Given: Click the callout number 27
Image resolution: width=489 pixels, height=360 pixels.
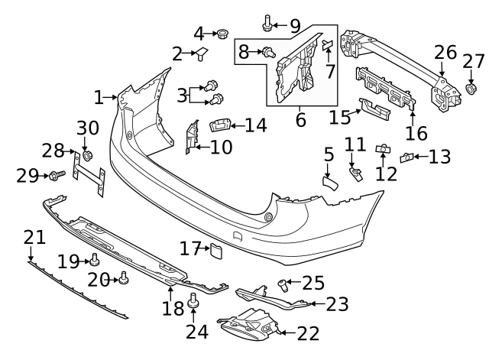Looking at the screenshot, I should (474, 61).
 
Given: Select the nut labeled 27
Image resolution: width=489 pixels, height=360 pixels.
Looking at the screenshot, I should (472, 90).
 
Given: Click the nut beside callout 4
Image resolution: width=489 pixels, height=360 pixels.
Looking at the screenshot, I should (223, 34).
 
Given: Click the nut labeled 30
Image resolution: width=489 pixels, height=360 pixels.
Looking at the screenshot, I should (86, 157).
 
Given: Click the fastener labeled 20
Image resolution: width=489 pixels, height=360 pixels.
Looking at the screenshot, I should (123, 280).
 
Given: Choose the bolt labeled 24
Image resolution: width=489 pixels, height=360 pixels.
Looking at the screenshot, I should (193, 300).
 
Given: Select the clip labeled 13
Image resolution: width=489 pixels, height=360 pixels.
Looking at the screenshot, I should (408, 158).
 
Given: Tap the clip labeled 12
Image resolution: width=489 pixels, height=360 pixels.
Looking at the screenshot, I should (384, 148).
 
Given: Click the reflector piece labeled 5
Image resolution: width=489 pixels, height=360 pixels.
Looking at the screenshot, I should (330, 182).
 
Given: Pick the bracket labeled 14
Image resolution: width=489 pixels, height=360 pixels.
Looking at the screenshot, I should (222, 125).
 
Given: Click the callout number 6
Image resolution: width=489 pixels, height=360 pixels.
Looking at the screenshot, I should (300, 120).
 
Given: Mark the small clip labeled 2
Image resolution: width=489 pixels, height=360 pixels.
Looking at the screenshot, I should (202, 54).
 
